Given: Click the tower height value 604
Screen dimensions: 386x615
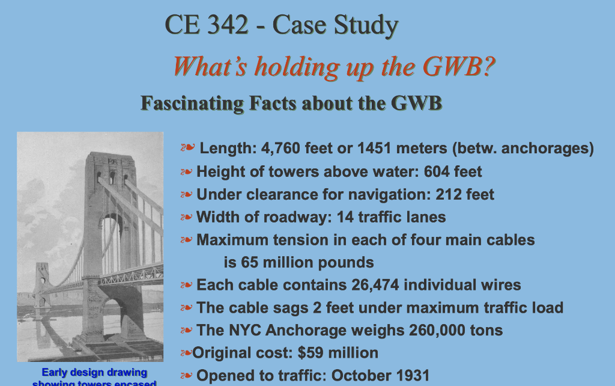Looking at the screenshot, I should (436, 172).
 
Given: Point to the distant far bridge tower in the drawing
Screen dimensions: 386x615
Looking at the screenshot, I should (41, 283).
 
